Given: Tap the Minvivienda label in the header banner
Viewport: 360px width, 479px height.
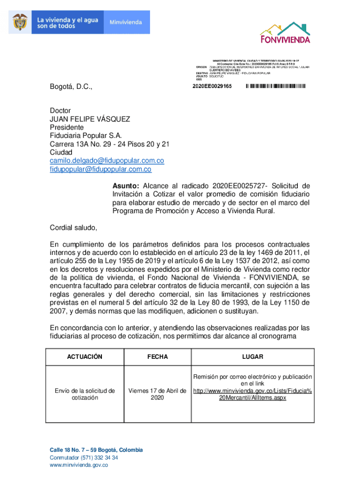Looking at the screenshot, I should tap(126, 22).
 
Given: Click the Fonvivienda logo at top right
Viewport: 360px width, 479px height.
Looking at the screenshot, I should tap(285, 32).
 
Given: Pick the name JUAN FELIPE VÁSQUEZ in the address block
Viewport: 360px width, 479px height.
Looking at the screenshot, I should tap(90, 119).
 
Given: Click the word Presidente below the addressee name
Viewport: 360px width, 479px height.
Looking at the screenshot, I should tap(67, 127).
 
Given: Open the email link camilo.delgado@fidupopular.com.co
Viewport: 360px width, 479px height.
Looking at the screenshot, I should tap(107, 161).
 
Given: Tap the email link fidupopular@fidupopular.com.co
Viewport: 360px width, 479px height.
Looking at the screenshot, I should tap(101, 169).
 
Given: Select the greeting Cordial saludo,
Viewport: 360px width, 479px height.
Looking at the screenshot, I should tap(74, 228).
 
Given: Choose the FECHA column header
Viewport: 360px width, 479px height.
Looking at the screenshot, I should tap(158, 357).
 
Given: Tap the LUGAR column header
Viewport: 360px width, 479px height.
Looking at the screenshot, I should tap(252, 357).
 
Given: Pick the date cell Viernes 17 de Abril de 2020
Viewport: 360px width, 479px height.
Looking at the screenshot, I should tap(158, 394).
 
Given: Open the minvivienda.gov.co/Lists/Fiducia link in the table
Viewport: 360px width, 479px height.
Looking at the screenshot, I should tap(252, 394).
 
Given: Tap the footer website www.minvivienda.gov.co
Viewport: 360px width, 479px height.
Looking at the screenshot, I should tap(79, 465).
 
